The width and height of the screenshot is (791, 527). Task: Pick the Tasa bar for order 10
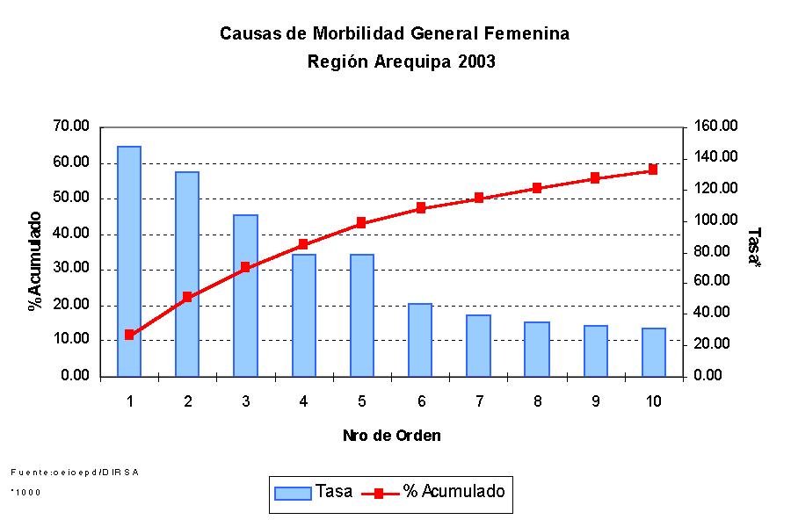654,351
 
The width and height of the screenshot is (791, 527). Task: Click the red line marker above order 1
129,335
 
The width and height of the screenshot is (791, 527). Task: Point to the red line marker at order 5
361,223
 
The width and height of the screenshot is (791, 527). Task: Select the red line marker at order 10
653,170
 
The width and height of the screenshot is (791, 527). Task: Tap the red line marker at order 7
479,199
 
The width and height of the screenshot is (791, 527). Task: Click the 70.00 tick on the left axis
71,127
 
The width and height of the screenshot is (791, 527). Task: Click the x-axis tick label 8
537,401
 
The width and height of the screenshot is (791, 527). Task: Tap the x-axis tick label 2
187,401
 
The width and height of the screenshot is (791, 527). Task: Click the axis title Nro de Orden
392,436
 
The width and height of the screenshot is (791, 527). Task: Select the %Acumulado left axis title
35,261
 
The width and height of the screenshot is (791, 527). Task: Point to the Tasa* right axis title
754,249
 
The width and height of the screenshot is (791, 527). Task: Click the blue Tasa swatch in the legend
294,493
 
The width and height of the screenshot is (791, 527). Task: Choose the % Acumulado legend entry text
454,492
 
